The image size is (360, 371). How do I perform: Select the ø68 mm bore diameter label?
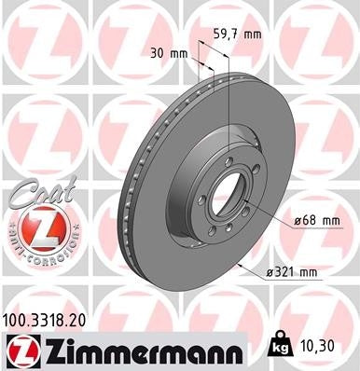click(315, 220)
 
